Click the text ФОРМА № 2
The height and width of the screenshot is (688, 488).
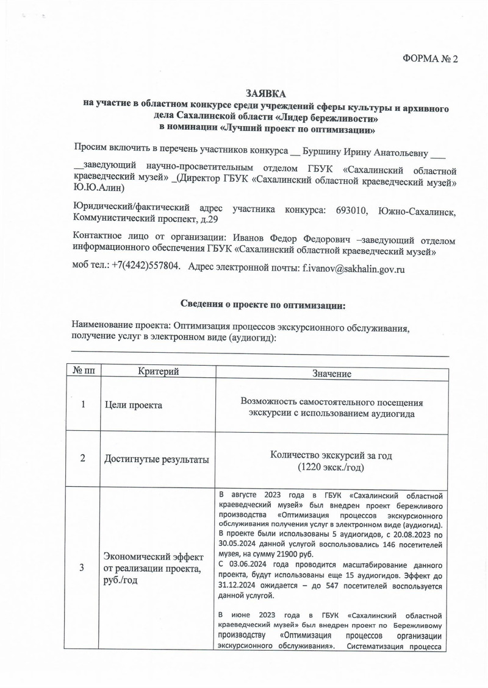click(x=430, y=59)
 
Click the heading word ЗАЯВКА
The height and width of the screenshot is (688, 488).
click(x=266, y=93)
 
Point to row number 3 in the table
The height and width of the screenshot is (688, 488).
click(x=82, y=568)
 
